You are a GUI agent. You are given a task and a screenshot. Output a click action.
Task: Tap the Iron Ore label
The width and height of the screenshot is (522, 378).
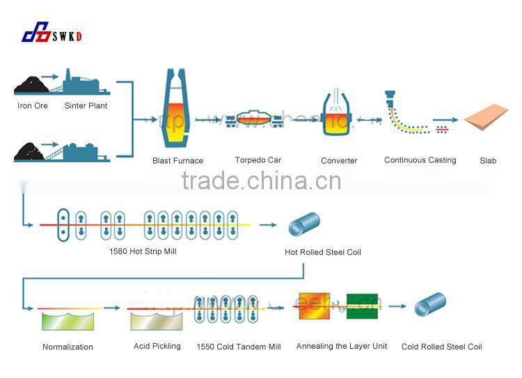click(x=33, y=106)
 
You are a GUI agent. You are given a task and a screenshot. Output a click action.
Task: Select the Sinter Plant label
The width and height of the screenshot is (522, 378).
click(x=86, y=106)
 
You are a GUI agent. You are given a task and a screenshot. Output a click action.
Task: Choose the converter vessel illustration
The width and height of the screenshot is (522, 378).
click(x=339, y=116)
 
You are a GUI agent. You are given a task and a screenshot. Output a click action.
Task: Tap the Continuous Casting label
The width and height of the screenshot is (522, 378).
click(x=420, y=160)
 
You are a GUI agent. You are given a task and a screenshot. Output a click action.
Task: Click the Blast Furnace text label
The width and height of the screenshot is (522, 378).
click(x=177, y=161)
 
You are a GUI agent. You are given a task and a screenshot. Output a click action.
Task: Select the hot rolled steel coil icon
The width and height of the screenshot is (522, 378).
click(x=303, y=225)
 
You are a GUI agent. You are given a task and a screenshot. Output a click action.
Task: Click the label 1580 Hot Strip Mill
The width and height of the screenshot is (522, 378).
click(x=143, y=251)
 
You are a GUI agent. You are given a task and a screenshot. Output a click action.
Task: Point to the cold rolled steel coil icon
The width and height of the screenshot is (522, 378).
click(x=429, y=305)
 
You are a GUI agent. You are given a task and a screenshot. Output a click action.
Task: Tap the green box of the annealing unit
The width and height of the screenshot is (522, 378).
click(x=362, y=305)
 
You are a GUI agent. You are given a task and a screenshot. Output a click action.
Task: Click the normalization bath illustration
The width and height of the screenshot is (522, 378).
click(x=67, y=321)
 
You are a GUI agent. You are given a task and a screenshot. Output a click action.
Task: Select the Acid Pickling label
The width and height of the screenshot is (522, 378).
click(x=157, y=346)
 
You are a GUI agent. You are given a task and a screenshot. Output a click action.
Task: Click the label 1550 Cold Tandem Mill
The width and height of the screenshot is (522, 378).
click(x=239, y=347)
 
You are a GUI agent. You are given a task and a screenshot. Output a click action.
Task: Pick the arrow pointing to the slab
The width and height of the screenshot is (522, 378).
click(x=446, y=120)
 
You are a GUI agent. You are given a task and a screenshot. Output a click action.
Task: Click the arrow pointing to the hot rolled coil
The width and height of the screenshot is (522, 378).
click(x=267, y=225)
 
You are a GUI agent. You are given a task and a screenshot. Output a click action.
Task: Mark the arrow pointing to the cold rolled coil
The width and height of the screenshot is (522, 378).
click(x=397, y=306)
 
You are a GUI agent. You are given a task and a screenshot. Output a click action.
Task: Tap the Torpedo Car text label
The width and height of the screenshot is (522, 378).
click(x=258, y=160)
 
